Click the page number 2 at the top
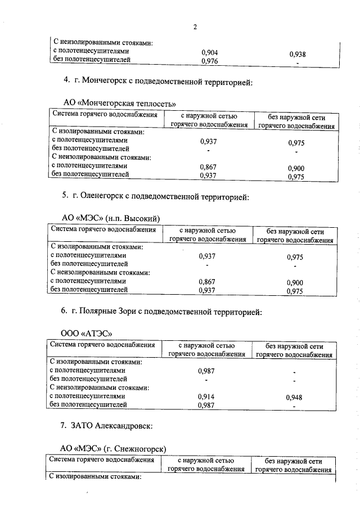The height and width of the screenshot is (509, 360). (x=195, y=26)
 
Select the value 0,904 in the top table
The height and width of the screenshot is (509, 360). (x=209, y=52)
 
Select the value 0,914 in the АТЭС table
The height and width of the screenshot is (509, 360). (x=207, y=397)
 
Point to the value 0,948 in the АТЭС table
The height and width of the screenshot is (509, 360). (x=294, y=398)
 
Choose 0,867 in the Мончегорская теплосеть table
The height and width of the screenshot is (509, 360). (x=208, y=167)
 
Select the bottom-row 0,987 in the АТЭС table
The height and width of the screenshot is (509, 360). (x=207, y=405)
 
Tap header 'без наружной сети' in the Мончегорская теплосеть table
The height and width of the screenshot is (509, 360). (x=296, y=117)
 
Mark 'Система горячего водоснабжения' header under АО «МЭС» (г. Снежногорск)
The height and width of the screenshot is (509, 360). (x=102, y=460)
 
